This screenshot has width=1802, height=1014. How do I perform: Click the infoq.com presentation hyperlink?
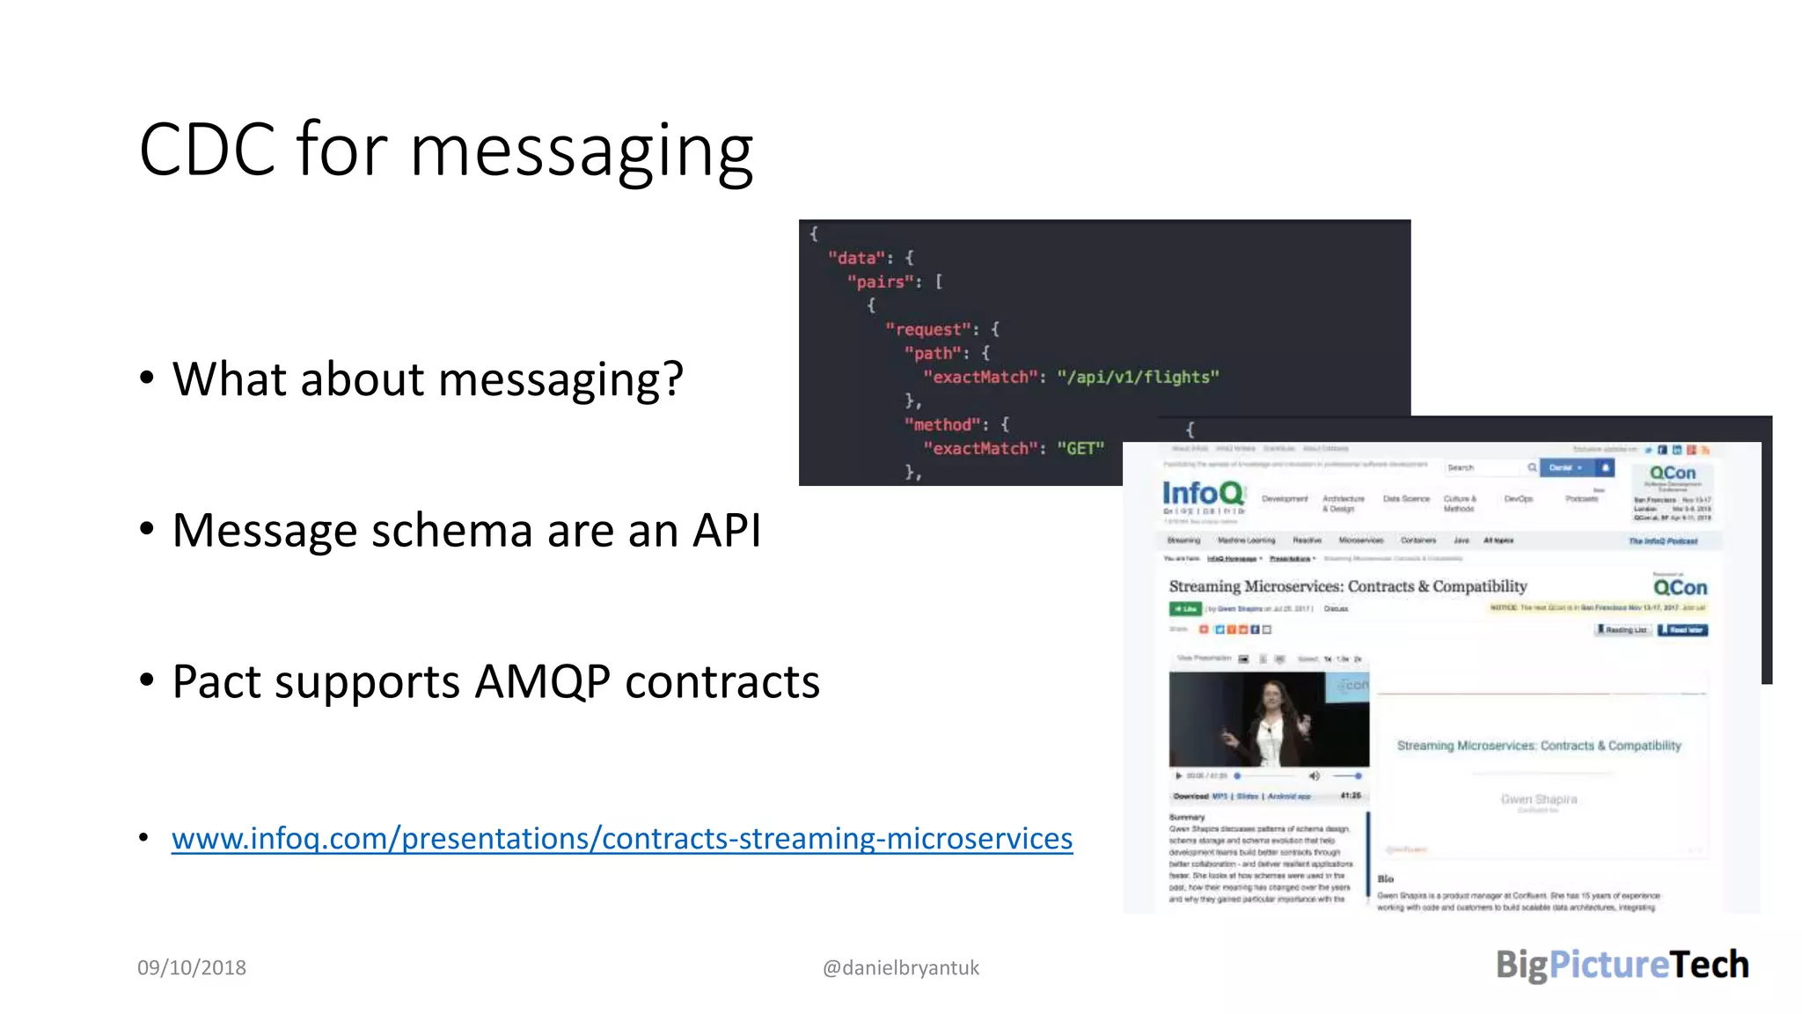pyautogui.click(x=621, y=838)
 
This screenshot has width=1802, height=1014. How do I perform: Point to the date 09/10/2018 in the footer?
pyautogui.click(x=192, y=967)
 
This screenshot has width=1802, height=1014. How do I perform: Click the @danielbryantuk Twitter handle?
pyautogui.click(x=900, y=967)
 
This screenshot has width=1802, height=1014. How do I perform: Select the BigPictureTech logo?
pyautogui.click(x=1622, y=965)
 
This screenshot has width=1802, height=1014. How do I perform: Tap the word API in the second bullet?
pyautogui.click(x=726, y=530)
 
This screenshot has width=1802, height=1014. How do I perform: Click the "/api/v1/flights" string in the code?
pyautogui.click(x=1138, y=377)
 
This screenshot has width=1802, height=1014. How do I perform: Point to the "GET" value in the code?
pyautogui.click(x=1080, y=448)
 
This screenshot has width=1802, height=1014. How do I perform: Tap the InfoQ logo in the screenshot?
pyautogui.click(x=1203, y=493)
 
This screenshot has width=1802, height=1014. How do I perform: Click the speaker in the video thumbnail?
pyautogui.click(x=1272, y=721)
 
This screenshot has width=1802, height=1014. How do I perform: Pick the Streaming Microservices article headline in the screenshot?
pyautogui.click(x=1347, y=586)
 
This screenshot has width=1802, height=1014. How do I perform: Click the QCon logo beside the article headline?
pyautogui.click(x=1679, y=587)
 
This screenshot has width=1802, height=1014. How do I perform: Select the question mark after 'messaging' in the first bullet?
pyautogui.click(x=672, y=379)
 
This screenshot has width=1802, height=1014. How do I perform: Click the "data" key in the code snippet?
pyautogui.click(x=855, y=258)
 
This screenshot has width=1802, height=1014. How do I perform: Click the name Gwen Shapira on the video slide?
pyautogui.click(x=1538, y=799)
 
